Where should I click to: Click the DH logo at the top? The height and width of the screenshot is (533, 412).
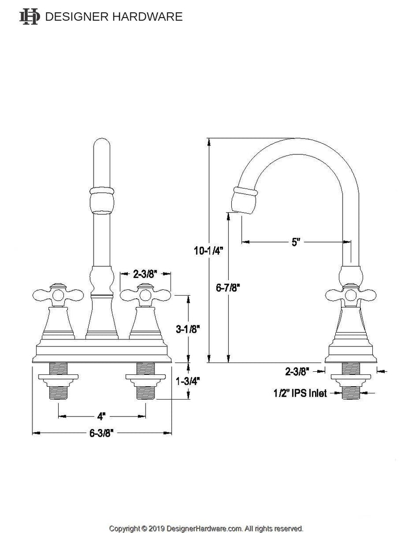pos(29,16)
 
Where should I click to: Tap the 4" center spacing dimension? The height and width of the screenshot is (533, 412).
pos(101,415)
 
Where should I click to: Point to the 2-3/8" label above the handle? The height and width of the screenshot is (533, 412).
pos(146,274)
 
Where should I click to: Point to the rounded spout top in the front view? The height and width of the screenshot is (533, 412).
pos(102,149)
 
